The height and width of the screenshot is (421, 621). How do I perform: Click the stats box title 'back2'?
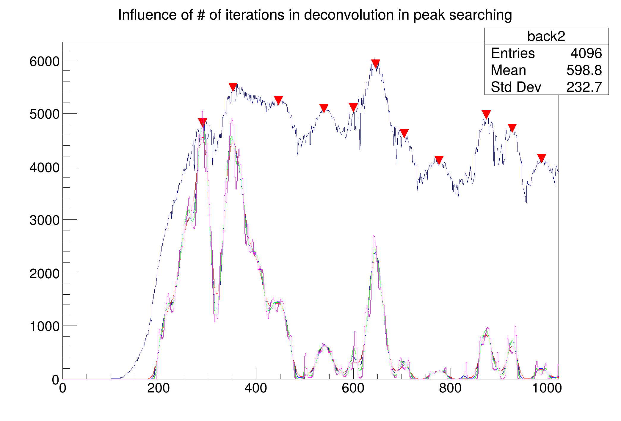546,36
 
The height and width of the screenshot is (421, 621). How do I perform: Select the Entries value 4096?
586,54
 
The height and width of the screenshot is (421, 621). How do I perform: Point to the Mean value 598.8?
584,70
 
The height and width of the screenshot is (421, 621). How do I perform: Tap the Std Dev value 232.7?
584,87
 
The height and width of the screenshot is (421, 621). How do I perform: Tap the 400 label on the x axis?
255,388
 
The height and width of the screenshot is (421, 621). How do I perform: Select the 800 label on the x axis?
450,388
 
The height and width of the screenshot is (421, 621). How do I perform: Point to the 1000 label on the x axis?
547,388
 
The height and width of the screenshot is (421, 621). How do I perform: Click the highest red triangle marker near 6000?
376,63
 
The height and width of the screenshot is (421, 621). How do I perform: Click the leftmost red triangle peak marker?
203,122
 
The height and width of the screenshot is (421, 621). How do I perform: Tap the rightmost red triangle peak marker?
542,158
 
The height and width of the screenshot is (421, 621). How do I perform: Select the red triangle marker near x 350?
233,87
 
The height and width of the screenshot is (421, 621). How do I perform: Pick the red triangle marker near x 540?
324,108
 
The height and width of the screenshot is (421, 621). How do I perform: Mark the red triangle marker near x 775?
439,160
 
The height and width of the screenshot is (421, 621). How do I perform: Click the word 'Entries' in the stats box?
513,54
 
